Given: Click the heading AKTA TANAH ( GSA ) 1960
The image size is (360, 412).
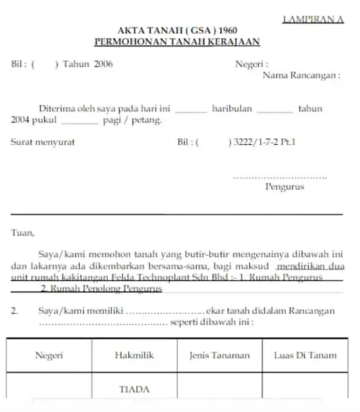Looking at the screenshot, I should [177, 31].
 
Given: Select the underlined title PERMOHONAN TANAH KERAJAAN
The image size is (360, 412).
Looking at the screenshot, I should [177, 42].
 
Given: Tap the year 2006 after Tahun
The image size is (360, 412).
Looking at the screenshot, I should [103, 64].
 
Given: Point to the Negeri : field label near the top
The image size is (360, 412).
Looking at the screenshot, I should [252, 64].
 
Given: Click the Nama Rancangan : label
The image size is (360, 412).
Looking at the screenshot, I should [302, 75].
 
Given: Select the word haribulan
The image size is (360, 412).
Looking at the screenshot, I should [232, 109].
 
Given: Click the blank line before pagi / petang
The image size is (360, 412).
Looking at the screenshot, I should [79, 122].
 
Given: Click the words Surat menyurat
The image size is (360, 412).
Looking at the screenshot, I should [43, 142].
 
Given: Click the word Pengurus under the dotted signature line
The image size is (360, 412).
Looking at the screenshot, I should [285, 187].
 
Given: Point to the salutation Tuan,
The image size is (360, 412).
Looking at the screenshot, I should [23, 233].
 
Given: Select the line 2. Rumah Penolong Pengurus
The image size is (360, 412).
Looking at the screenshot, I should [101, 288].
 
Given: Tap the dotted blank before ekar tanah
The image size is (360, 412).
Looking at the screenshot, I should [165, 312].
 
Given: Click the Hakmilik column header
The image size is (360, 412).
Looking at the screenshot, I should [134, 355].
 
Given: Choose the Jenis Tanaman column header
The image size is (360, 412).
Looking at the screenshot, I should [219, 355].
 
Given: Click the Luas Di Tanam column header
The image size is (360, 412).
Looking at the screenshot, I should [305, 355].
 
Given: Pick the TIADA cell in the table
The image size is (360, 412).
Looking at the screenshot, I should [134, 389].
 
